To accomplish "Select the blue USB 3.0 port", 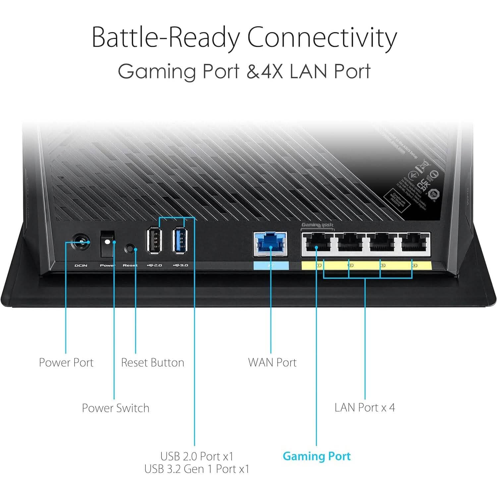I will tap(180, 240).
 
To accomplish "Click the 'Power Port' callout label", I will tap(66, 362).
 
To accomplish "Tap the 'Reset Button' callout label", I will tap(152, 362).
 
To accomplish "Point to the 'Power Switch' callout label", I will tap(116, 408).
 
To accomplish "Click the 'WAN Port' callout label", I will tap(272, 362).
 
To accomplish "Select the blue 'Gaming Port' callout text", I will tap(316, 456).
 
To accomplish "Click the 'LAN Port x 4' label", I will tap(365, 407).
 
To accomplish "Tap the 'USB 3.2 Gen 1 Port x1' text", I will tap(196, 469).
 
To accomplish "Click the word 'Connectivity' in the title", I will tap(322, 37).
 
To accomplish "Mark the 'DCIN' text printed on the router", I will tap(81, 265).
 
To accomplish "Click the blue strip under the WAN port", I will tap(271, 265).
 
